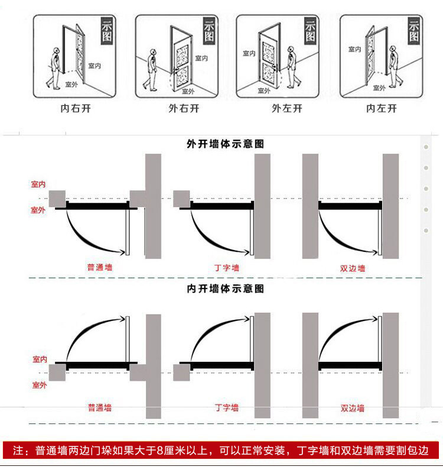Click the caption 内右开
pos(76,108)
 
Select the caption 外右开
pos(184,108)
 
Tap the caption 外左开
pos(287,108)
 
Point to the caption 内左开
pos(382,108)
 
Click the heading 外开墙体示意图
pos(225,144)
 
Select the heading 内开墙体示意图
pos(225,289)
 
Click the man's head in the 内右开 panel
pos(56,50)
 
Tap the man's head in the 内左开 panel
pos(393,48)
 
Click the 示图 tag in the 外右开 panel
pos(209,31)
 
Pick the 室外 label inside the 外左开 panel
pos(264,90)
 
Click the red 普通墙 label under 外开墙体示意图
pos(100,267)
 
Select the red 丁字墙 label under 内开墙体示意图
pos(227,408)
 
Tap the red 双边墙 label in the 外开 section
pos(353,268)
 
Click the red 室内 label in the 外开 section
pos(38,184)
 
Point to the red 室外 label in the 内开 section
pos(40,385)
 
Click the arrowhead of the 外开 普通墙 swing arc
pos(122,252)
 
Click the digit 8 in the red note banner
pos(160,451)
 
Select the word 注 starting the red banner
pos(18,451)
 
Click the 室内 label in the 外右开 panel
pos(201,58)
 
